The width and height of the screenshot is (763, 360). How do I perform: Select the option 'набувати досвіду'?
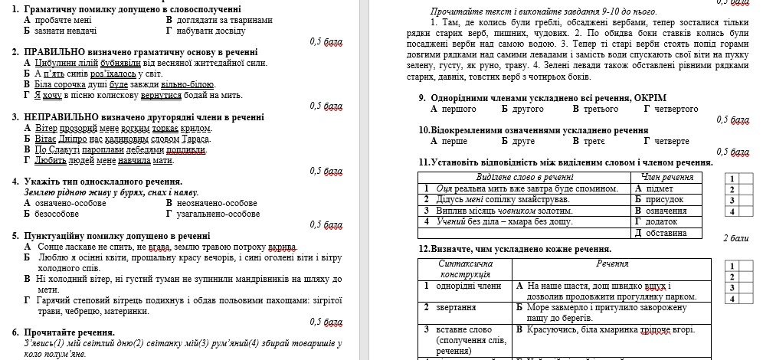[210, 31]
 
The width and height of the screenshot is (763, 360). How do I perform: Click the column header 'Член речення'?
[667, 177]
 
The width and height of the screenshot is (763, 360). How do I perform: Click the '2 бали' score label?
[735, 238]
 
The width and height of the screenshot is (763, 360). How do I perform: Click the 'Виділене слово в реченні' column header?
[526, 177]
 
